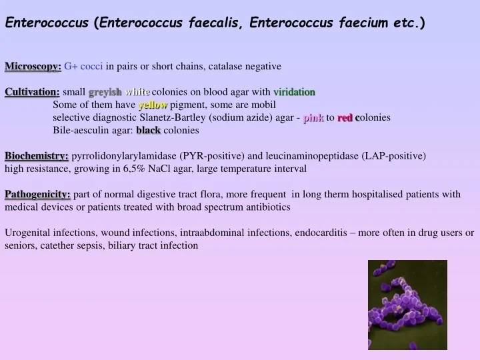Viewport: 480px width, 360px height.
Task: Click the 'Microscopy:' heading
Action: pyautogui.click(x=33, y=66)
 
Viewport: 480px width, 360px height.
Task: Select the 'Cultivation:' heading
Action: pyautogui.click(x=33, y=92)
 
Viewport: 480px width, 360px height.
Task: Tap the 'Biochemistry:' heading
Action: pyautogui.click(x=37, y=156)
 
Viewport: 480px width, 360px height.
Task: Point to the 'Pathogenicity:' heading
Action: pyautogui.click(x=38, y=194)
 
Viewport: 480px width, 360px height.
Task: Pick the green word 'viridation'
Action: pyautogui.click(x=294, y=92)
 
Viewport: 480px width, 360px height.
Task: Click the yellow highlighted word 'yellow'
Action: pyautogui.click(x=153, y=105)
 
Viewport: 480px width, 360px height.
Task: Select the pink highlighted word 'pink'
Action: pyautogui.click(x=313, y=117)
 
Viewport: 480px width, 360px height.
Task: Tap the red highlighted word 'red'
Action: pyautogui.click(x=345, y=117)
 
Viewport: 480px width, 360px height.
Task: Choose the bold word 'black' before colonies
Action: pyautogui.click(x=148, y=130)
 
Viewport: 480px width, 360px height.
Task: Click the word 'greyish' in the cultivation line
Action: pyautogui.click(x=105, y=92)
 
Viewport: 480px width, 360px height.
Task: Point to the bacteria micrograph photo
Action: pyautogui.click(x=407, y=305)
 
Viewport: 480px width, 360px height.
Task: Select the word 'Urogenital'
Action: pyautogui.click(x=27, y=233)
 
